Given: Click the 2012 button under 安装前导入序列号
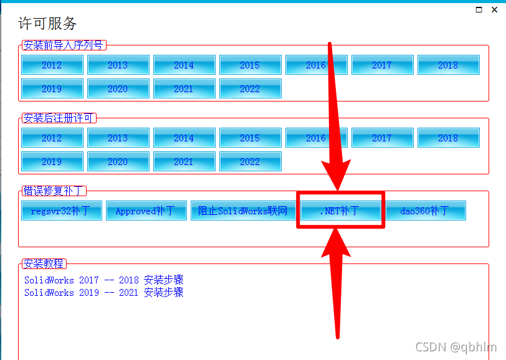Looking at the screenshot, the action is click(52, 65).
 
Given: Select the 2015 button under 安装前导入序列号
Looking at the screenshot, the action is click(250, 65).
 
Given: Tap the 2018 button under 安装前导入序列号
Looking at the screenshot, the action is click(448, 65).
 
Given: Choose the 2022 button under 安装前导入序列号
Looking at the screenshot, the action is click(250, 88).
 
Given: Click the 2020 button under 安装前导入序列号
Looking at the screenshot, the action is click(118, 88).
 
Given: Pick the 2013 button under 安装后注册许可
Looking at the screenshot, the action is click(118, 138).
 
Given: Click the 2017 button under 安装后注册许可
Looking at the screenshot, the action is click(382, 138).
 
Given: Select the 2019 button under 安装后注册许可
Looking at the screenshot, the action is click(52, 161).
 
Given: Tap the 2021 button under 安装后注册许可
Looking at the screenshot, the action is click(184, 161).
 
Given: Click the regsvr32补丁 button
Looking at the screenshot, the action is click(61, 211).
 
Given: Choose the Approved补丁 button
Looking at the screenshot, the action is click(146, 211).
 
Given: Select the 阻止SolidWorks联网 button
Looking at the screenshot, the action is click(243, 211).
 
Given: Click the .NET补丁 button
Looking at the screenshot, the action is click(340, 211).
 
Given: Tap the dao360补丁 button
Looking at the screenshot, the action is click(425, 211).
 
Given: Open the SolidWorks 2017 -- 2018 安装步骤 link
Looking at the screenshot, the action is click(103, 280).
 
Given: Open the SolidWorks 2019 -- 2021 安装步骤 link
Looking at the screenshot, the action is click(103, 292).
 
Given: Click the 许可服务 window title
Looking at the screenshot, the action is click(47, 24).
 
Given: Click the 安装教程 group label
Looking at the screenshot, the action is click(44, 264).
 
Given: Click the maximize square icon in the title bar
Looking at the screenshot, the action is click(479, 9).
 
